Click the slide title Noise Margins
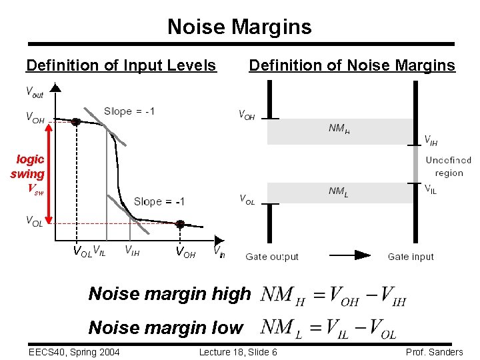[239, 27]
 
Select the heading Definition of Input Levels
[121, 65]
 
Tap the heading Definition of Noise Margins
[351, 65]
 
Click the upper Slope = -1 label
[129, 111]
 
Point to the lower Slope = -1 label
[159, 201]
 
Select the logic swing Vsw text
[29, 173]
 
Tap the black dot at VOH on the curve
[76, 122]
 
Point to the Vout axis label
[35, 92]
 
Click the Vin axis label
[219, 251]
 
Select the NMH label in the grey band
[339, 128]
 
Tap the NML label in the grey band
[338, 192]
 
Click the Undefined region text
[448, 167]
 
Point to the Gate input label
[411, 257]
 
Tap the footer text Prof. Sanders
[434, 352]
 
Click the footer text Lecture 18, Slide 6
[238, 352]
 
